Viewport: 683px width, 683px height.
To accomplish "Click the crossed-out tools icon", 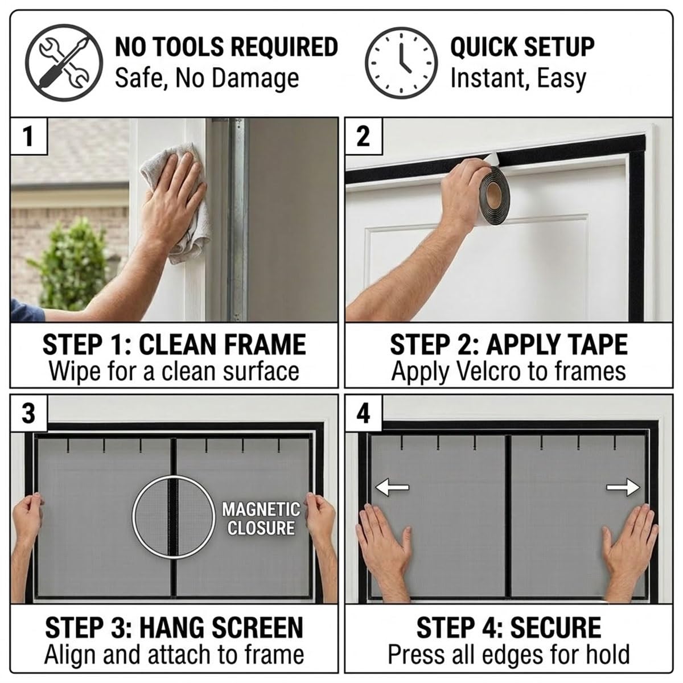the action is click(64, 63).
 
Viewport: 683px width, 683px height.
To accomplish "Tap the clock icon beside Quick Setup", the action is click(401, 63).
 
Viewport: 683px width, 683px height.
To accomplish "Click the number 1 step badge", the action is click(28, 137).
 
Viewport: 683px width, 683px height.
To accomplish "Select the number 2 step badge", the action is click(364, 137).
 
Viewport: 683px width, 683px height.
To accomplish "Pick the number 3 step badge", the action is click(28, 414).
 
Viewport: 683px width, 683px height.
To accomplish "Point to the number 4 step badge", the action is click(364, 414).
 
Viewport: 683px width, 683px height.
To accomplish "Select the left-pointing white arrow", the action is click(392, 487).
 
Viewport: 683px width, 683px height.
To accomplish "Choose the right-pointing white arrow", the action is click(623, 487).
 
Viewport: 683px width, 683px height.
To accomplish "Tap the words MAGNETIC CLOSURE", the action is click(261, 519).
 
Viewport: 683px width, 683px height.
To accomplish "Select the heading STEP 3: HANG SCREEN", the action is click(174, 627).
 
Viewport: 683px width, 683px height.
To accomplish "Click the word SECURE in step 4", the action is click(556, 627).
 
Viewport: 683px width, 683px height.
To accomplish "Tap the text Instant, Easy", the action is click(518, 79).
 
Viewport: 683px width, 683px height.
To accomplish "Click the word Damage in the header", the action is click(255, 79).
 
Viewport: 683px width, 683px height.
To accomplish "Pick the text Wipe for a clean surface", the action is click(174, 372).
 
